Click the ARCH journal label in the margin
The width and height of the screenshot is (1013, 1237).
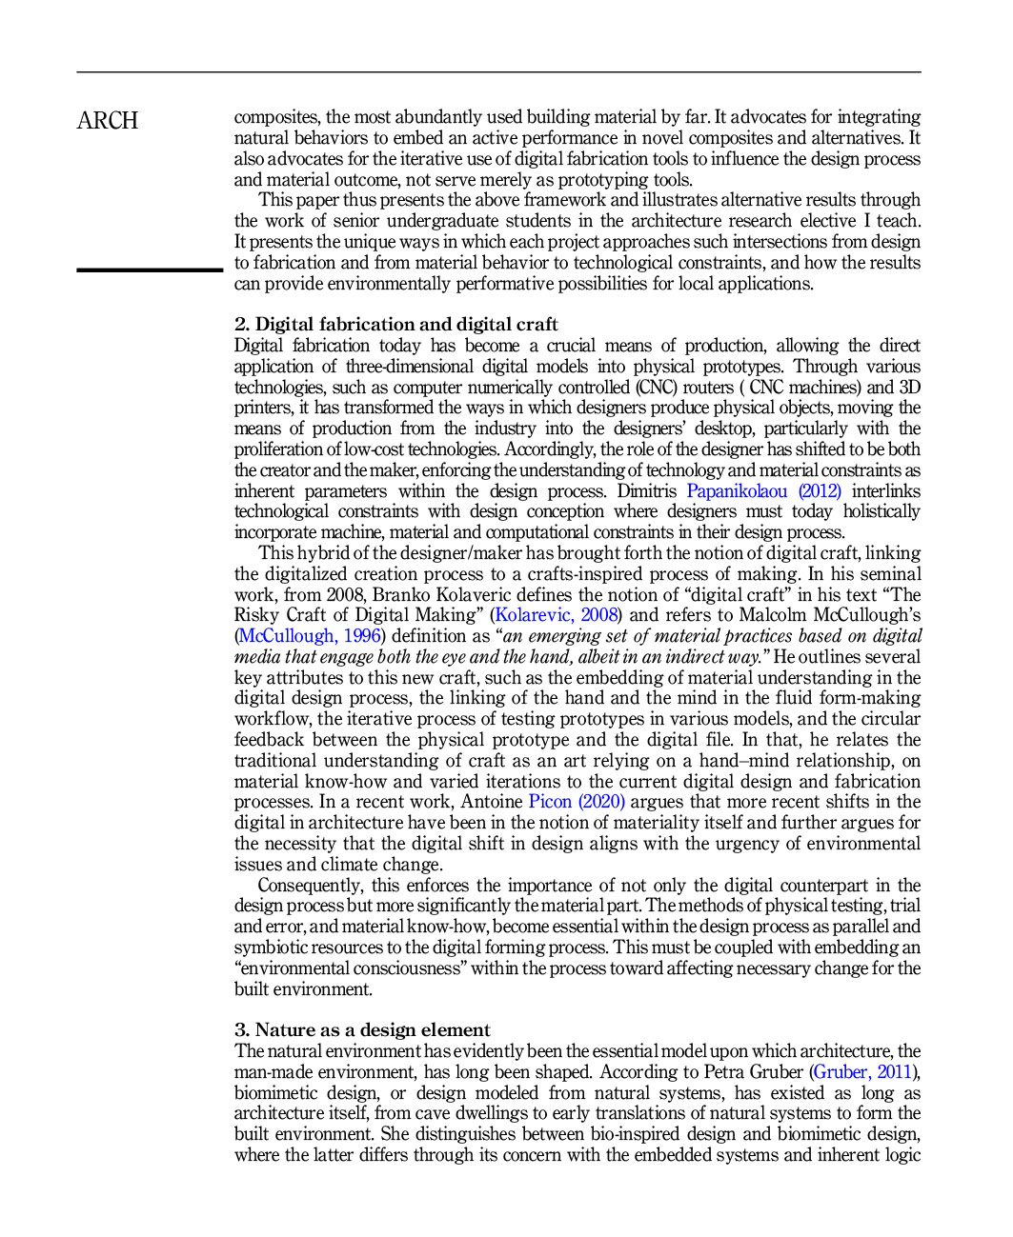(x=108, y=121)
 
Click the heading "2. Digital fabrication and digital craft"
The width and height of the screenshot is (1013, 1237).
(x=395, y=325)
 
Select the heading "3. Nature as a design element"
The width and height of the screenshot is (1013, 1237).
(x=362, y=1030)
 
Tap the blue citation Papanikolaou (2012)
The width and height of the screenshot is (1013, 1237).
(x=763, y=491)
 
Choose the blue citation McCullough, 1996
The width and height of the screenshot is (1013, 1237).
(x=310, y=636)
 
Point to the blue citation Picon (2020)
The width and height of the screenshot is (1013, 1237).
(x=577, y=802)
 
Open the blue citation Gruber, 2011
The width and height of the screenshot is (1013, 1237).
(x=862, y=1072)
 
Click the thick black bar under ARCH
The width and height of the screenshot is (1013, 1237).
(x=150, y=270)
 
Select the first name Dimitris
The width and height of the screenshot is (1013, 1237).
(x=647, y=491)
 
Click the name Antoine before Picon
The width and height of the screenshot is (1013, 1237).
(x=492, y=802)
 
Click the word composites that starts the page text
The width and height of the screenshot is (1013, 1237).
(x=276, y=117)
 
